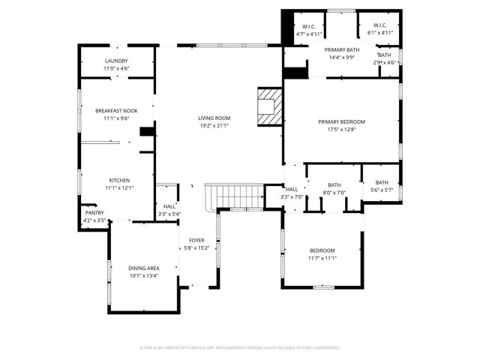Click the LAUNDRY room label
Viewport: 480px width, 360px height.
pyautogui.click(x=116, y=61)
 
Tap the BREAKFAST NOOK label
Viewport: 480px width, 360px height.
pyautogui.click(x=116, y=110)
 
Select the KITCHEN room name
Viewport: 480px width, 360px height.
pyautogui.click(x=119, y=180)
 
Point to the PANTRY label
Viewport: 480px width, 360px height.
pyautogui.click(x=94, y=212)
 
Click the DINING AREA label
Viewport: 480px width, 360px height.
pyautogui.click(x=143, y=268)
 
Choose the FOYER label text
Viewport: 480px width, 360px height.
pyautogui.click(x=196, y=240)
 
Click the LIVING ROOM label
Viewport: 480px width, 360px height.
pyautogui.click(x=214, y=118)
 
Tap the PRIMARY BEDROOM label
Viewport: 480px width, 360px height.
pyautogui.click(x=341, y=121)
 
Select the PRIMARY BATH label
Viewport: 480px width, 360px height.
pyautogui.click(x=342, y=49)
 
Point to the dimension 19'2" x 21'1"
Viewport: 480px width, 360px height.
pyautogui.click(x=214, y=126)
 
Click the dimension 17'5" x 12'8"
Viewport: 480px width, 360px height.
pyautogui.click(x=341, y=130)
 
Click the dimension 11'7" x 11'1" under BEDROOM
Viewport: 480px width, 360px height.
pyautogui.click(x=322, y=258)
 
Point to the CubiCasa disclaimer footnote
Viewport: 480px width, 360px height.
pyautogui.click(x=240, y=348)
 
